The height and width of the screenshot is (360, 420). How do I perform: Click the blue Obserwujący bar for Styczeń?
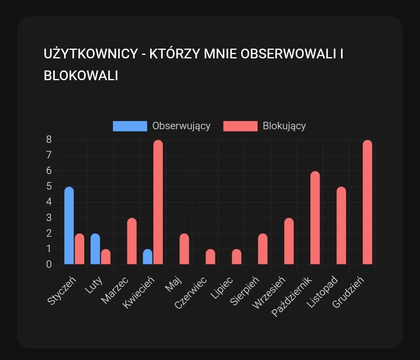pos(69,226)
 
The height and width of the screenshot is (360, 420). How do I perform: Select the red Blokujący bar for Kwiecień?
pos(158,202)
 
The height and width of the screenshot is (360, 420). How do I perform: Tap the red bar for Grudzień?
pos(367,202)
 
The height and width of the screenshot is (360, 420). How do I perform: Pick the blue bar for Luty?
pos(95,249)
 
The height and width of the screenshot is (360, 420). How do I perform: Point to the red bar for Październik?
pos(315,218)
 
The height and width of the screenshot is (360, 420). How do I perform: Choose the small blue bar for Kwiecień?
pos(147,257)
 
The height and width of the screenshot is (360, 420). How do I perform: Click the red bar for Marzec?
pos(132,241)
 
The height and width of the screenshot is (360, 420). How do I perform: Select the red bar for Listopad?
pos(341,226)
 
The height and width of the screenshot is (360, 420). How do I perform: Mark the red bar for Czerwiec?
pos(210,257)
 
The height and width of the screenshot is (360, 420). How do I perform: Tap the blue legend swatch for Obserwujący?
pos(130,126)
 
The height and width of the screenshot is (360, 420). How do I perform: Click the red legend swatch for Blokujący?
pos(240,126)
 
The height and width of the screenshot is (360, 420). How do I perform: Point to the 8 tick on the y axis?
pos(49,139)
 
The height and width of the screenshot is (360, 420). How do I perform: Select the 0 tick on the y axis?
pos(49,264)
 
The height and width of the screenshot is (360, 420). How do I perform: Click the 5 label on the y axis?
pos(49,186)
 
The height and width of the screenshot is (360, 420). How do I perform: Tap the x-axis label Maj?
pos(173,284)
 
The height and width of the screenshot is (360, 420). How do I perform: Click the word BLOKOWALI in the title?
pos(81,76)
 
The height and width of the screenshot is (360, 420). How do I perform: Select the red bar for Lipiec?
pos(236,257)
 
